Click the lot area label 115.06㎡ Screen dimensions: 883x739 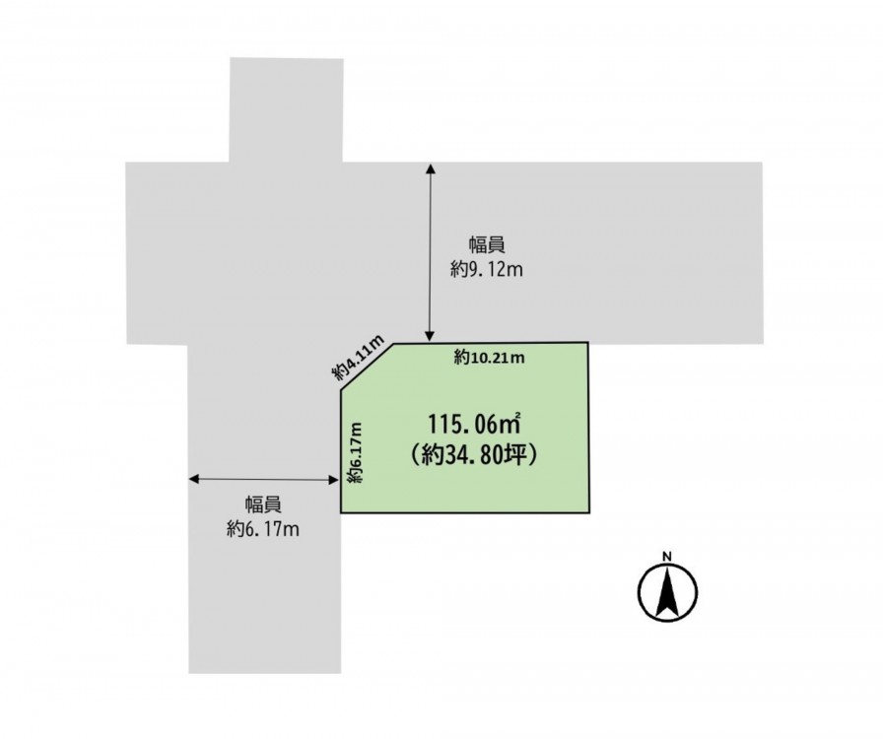(x=474, y=424)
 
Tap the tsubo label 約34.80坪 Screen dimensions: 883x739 (x=474, y=455)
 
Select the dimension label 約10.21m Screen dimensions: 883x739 (x=490, y=357)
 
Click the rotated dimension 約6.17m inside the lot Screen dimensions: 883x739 (x=355, y=452)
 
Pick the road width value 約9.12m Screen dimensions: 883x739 (x=487, y=270)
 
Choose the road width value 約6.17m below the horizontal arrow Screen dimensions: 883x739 (x=263, y=529)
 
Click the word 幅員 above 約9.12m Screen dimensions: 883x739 (x=487, y=245)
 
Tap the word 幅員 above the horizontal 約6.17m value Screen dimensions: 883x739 (x=263, y=504)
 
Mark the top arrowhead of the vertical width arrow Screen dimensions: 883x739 (x=431, y=168)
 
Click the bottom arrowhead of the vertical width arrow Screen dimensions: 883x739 (x=431, y=337)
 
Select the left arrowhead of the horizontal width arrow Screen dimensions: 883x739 (x=194, y=479)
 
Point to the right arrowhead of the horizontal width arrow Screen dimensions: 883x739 (x=333, y=479)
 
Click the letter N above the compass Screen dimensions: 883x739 (x=667, y=557)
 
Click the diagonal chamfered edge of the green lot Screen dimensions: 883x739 (x=367, y=367)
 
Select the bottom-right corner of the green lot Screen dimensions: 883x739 (x=589, y=512)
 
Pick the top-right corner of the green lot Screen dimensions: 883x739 (x=588, y=342)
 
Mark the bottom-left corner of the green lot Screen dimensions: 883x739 (x=341, y=512)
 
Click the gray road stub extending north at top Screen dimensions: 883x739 (x=286, y=109)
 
